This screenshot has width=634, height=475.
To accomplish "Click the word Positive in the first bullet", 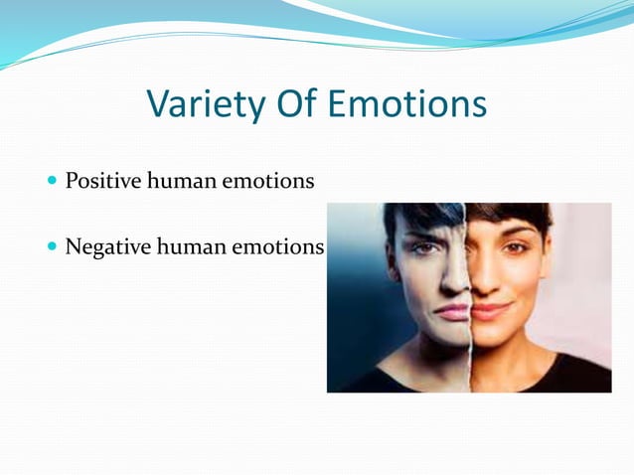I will tap(102, 182).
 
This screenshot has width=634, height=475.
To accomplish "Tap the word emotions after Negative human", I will tap(277, 245).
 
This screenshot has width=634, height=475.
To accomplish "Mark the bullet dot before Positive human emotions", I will tap(52, 182).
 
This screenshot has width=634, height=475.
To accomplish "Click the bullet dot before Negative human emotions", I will tap(52, 245).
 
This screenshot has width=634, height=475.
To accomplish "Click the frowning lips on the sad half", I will tap(452, 311).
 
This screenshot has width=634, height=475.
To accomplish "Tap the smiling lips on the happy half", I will tap(490, 311).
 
